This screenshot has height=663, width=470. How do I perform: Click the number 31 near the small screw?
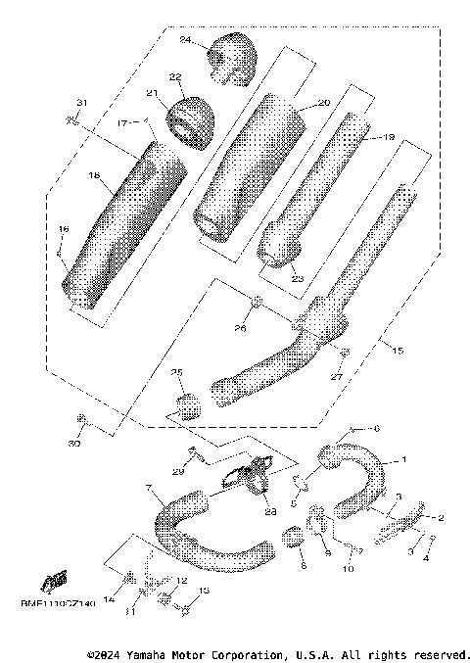click(82, 104)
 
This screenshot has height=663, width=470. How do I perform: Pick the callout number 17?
click(123, 124)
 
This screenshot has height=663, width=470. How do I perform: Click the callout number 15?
click(396, 349)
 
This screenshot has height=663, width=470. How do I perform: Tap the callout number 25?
click(177, 373)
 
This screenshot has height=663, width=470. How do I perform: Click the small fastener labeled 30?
click(82, 421)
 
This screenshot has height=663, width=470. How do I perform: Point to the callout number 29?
click(179, 473)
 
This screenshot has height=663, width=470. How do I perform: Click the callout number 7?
click(148, 487)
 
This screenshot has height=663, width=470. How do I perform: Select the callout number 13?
click(204, 591)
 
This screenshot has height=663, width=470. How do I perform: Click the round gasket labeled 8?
click(291, 539)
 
